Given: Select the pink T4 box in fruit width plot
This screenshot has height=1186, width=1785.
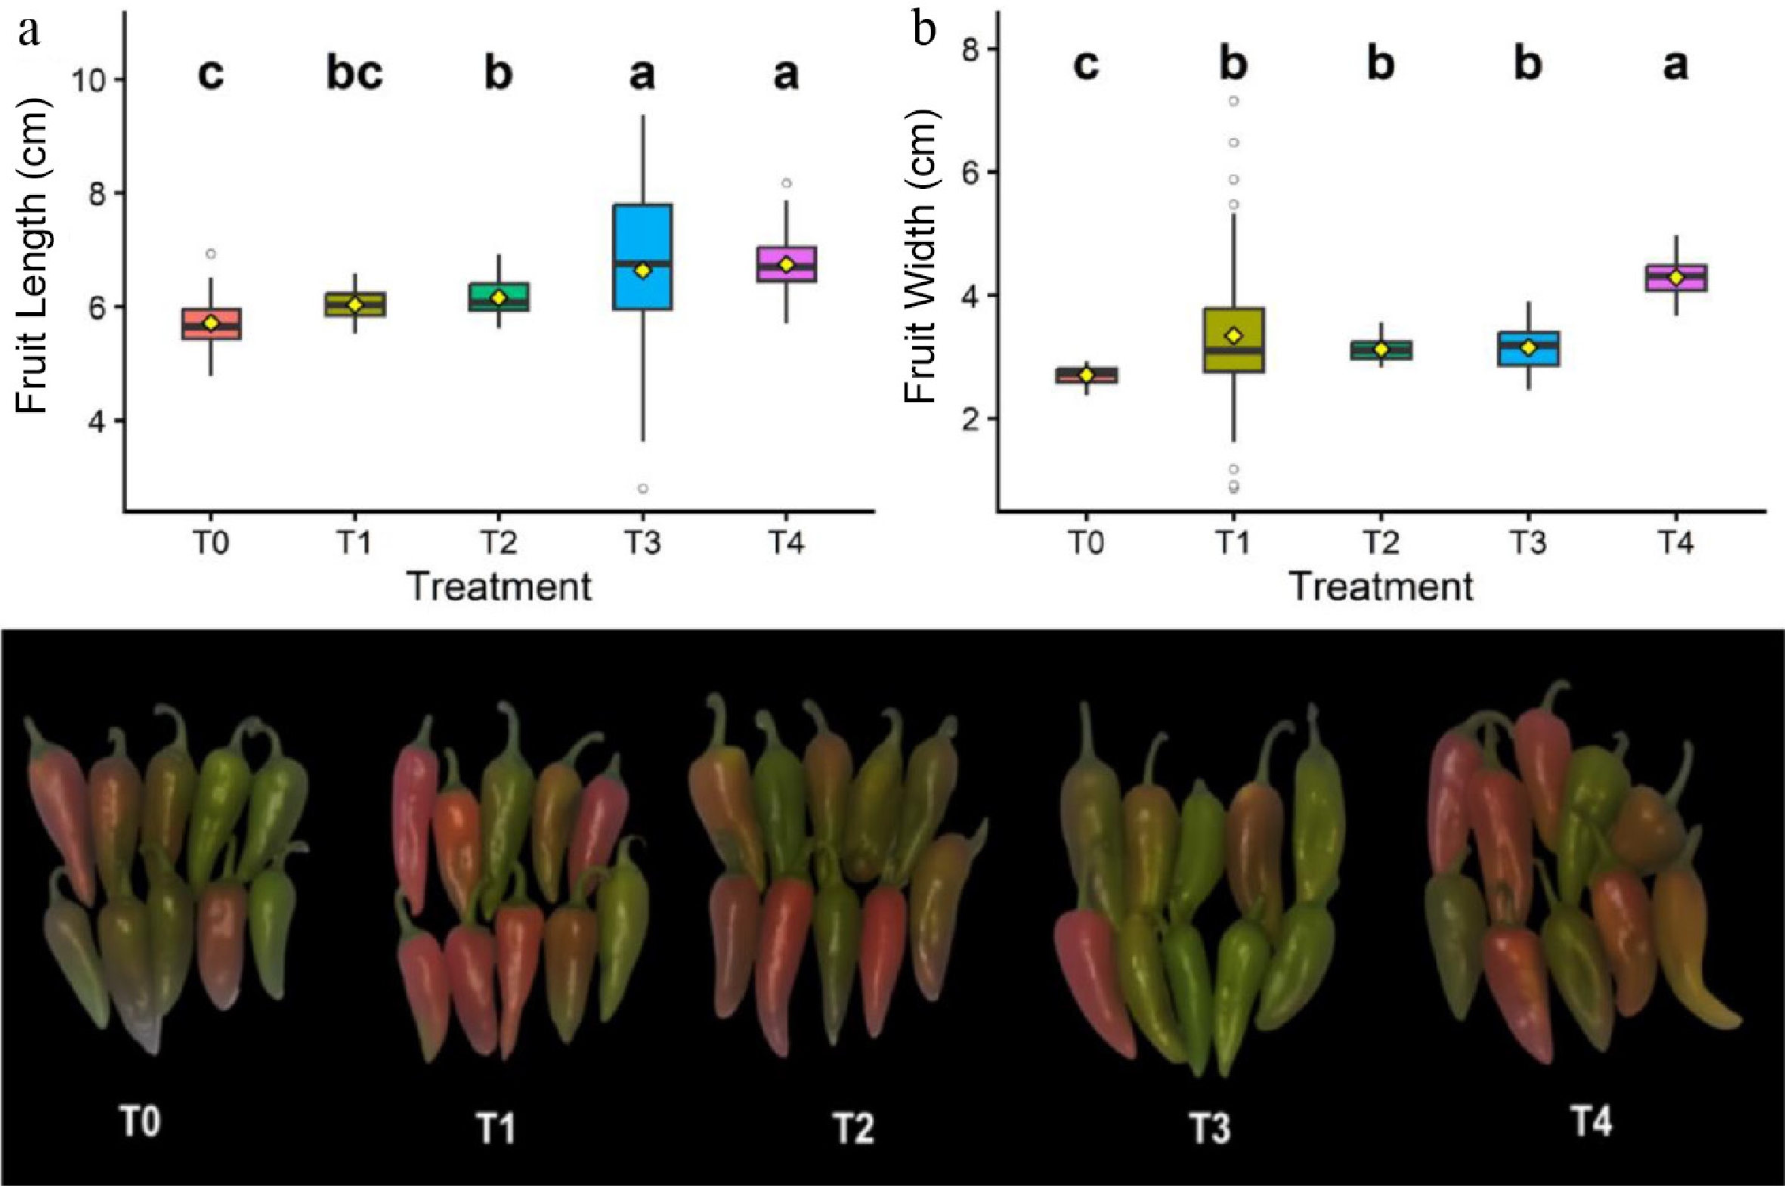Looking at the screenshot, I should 1675,277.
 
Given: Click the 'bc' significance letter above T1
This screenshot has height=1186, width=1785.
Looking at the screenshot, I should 354,74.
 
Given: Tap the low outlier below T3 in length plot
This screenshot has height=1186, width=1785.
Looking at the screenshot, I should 642,488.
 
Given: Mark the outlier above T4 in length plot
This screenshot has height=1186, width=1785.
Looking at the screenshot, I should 786,183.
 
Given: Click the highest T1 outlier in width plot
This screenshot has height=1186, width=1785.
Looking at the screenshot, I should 1233,101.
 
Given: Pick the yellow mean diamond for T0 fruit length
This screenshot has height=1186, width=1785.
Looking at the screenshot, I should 211,323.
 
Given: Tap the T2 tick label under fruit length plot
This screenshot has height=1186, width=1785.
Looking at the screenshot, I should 498,543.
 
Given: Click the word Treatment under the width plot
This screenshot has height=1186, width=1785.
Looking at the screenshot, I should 1381,587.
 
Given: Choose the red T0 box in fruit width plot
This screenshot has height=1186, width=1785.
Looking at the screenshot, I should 1086,375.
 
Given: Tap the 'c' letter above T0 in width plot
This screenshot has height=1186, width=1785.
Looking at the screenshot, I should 1086,66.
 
